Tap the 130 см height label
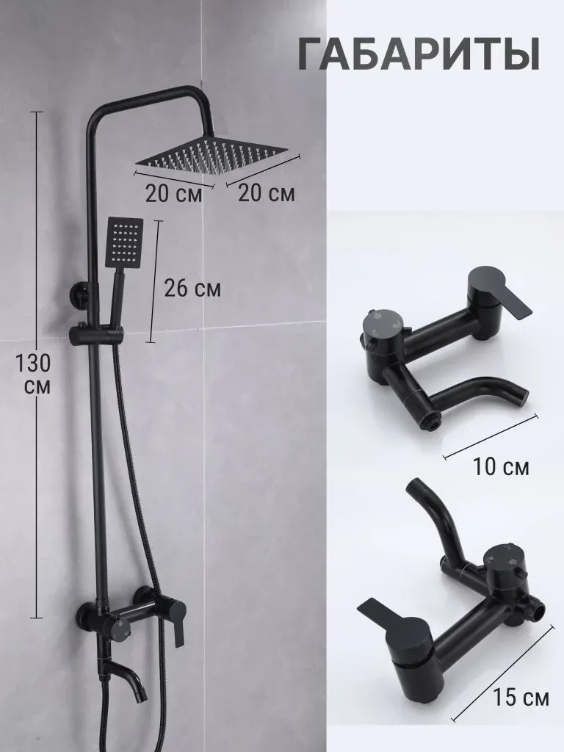(x=32, y=373)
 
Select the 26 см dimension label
(x=192, y=288)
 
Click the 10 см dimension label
(x=501, y=466)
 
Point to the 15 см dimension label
(x=521, y=698)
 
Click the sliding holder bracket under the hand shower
(x=96, y=335)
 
